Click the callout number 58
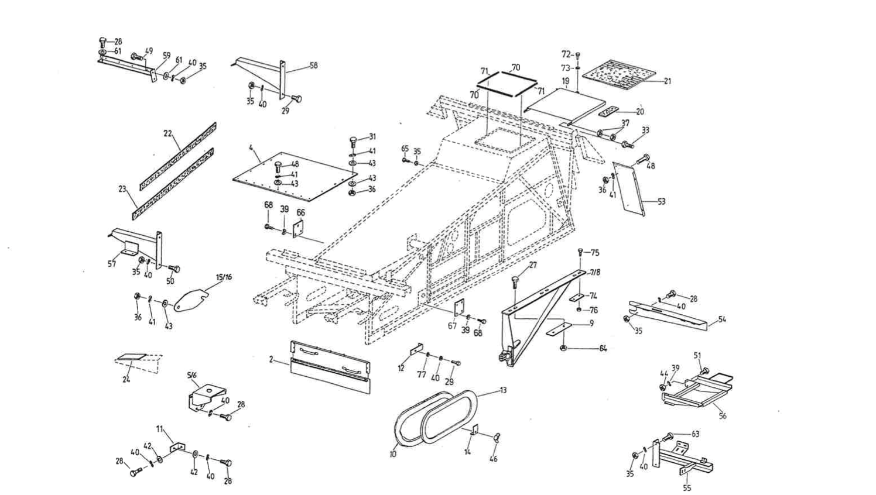point(313,66)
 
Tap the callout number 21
point(667,81)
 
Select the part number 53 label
point(661,202)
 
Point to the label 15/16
point(224,277)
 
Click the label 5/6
point(193,375)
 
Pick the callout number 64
point(603,349)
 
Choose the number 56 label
point(723,416)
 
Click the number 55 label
point(687,487)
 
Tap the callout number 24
point(126,379)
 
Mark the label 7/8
point(594,273)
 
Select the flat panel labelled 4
point(293,176)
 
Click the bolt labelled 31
point(354,141)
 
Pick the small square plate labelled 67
point(459,307)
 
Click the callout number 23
point(122,189)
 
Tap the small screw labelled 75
point(580,252)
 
